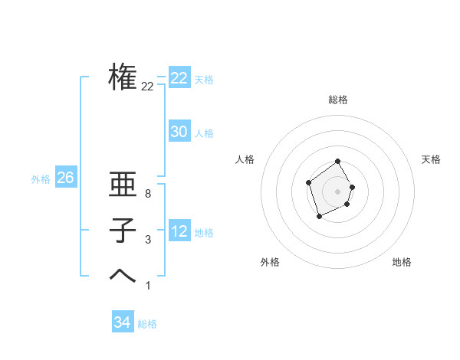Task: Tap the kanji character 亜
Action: pyautogui.click(x=123, y=188)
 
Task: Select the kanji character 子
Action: pyautogui.click(x=123, y=231)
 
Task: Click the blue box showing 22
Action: pyautogui.click(x=179, y=78)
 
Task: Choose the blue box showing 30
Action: pyautogui.click(x=179, y=132)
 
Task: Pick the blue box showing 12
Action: pyautogui.click(x=179, y=231)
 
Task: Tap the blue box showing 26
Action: pyautogui.click(x=65, y=178)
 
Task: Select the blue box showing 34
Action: pyautogui.click(x=122, y=322)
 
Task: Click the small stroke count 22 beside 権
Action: pyautogui.click(x=147, y=87)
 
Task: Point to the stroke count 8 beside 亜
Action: pyautogui.click(x=147, y=195)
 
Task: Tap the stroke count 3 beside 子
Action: pyautogui.click(x=147, y=241)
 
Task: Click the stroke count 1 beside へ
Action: pyautogui.click(x=147, y=286)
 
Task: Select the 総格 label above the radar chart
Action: pyautogui.click(x=338, y=100)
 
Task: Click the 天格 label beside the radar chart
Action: pyautogui.click(x=431, y=159)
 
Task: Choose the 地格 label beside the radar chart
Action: pyautogui.click(x=402, y=262)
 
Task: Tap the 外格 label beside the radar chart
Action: pyautogui.click(x=270, y=262)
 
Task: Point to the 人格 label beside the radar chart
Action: pyautogui.click(x=245, y=159)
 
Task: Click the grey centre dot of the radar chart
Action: pyautogui.click(x=338, y=191)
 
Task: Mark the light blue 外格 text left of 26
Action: pyautogui.click(x=41, y=179)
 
